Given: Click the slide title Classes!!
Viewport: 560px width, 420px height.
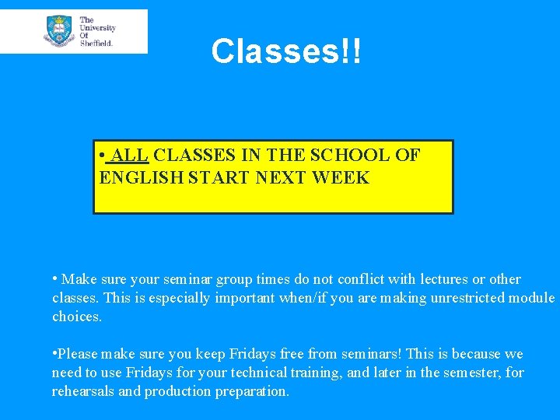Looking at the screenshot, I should click(285, 52).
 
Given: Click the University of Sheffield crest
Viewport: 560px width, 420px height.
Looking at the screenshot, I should click(59, 30).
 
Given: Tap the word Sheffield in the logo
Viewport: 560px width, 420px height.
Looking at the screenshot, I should click(96, 44).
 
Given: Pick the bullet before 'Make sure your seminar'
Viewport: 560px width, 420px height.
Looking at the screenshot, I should click(55, 278).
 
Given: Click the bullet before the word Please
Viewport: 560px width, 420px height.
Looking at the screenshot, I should click(55, 353).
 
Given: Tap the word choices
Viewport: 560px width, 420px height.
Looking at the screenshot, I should click(76, 317).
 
